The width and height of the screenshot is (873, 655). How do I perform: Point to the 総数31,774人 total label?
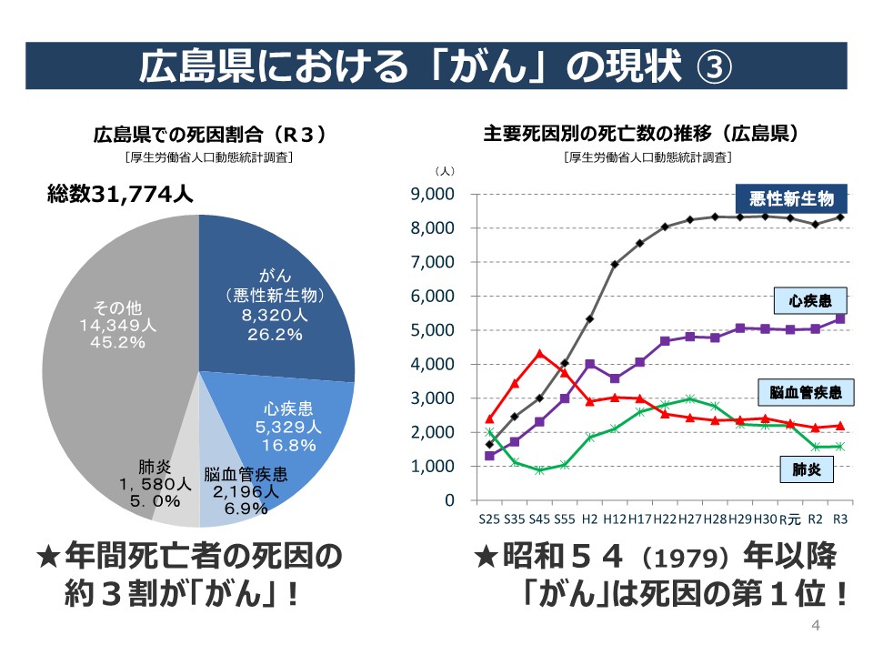click(x=120, y=195)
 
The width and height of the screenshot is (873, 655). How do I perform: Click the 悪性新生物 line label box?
click(x=791, y=198)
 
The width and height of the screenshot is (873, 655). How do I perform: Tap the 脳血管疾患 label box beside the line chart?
click(x=806, y=393)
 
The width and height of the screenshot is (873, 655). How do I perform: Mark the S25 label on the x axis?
click(x=489, y=519)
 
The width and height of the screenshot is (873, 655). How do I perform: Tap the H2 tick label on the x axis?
click(x=589, y=519)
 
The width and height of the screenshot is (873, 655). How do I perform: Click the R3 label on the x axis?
click(x=840, y=519)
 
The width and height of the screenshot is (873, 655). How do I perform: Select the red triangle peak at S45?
click(x=539, y=353)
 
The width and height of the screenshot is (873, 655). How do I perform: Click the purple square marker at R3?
click(x=840, y=318)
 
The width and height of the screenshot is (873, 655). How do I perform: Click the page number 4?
click(x=815, y=627)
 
